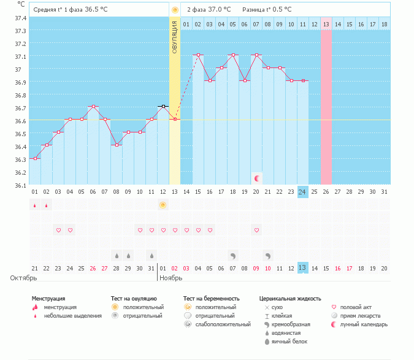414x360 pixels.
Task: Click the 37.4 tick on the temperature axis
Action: coord(21,18)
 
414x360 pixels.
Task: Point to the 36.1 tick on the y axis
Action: coord(21,185)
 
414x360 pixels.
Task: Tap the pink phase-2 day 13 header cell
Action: coord(326,24)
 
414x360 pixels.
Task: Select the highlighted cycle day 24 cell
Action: coord(302,192)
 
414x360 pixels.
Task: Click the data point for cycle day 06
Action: coord(93,107)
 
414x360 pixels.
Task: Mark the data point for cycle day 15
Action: coord(198,55)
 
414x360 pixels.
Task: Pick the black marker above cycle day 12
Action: coord(163,107)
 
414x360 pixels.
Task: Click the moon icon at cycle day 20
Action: coord(257,178)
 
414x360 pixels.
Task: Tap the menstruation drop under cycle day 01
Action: coord(35,205)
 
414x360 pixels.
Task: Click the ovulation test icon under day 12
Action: coord(163,205)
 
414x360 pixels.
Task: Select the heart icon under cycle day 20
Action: coord(256,230)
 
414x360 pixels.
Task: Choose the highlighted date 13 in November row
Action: coord(302,268)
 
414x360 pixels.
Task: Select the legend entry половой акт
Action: coord(356,307)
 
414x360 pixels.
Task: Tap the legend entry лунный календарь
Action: coord(364,324)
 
